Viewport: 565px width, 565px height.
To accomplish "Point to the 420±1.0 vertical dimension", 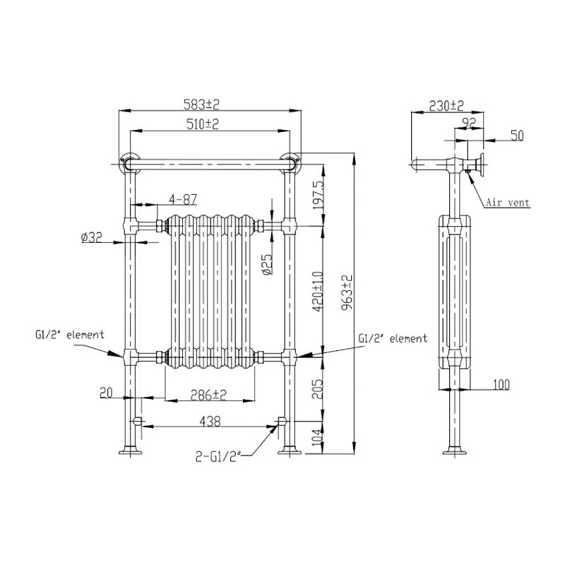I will click(318, 291).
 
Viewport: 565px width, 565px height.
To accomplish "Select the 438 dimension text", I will click(210, 421).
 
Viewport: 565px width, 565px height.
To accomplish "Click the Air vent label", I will click(507, 203).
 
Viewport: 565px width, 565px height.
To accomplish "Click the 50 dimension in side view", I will click(517, 136).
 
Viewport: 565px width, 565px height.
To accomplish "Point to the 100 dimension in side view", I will click(501, 384).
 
